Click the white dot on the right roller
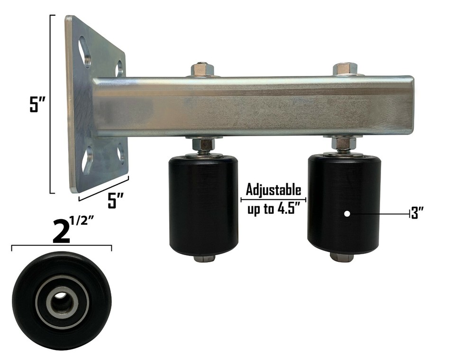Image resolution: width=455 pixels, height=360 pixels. pos(347,214)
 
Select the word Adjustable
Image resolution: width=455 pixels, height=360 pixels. pos(273,190)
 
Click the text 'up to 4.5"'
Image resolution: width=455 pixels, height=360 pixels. pos(273,209)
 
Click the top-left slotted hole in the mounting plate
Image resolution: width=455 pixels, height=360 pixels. pos(86,51)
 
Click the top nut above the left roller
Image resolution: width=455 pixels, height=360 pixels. pos(202,70)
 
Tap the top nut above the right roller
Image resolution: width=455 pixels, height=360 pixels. pos(345,69)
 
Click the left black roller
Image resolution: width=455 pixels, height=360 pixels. pos(203,206)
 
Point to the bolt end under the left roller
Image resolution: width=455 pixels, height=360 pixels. pos(204,259)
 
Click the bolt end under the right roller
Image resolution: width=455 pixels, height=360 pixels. pos(342,258)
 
